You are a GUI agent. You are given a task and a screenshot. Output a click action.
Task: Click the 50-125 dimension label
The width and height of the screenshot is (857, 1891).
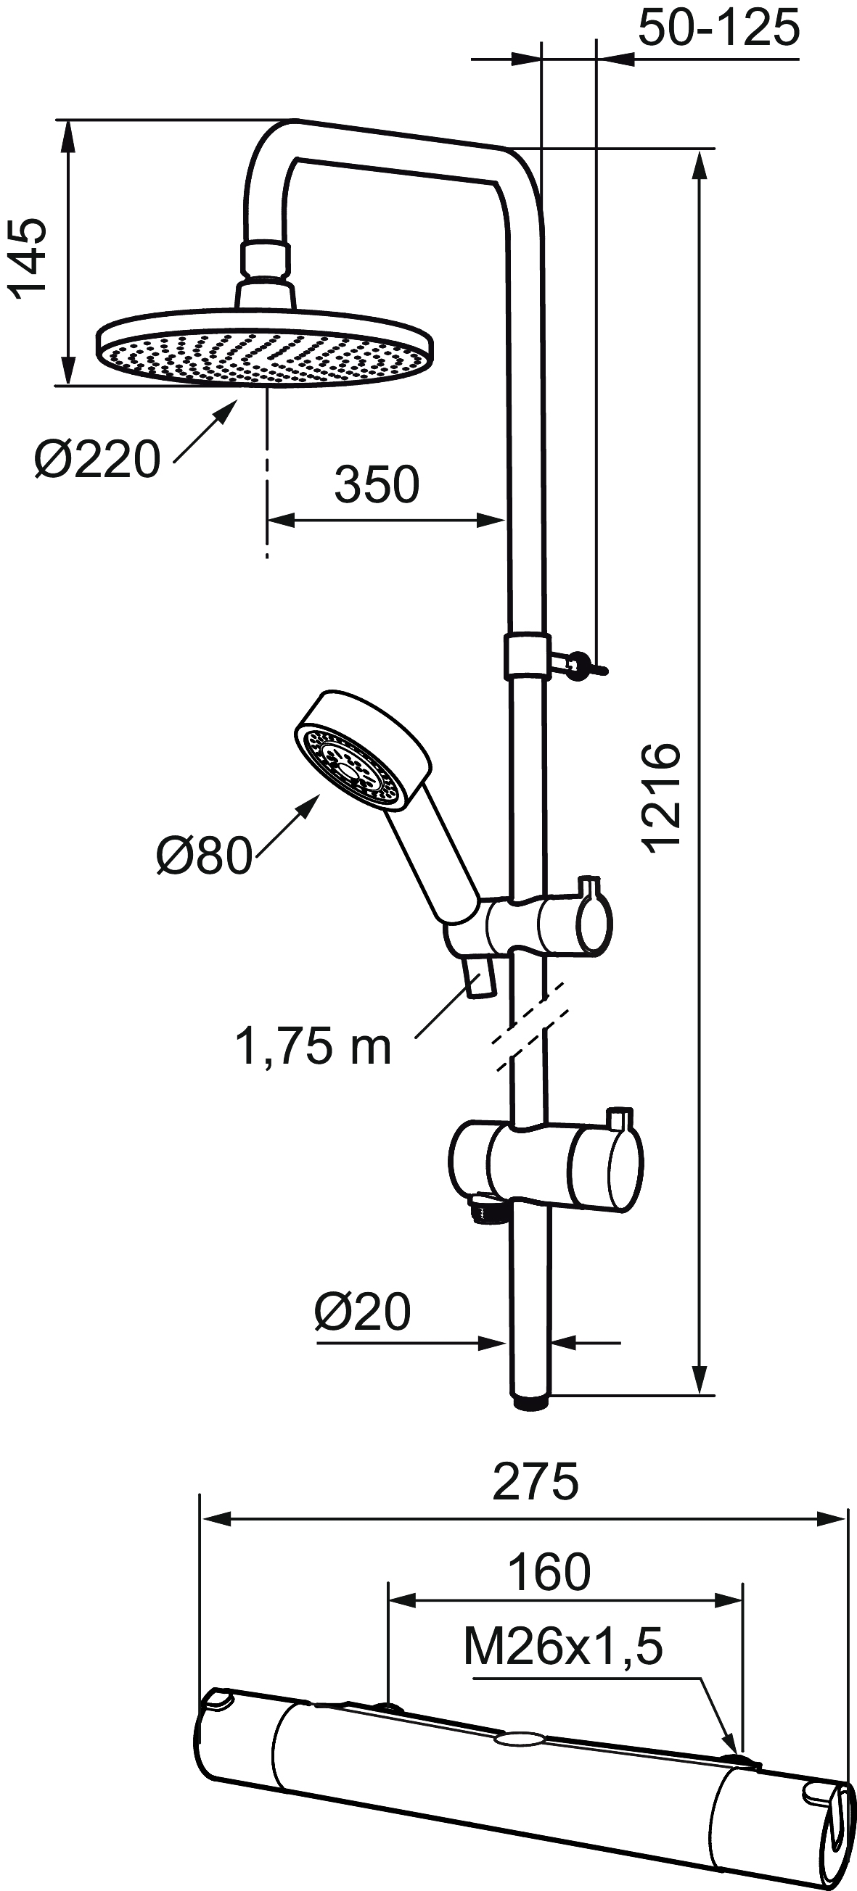pos(718,28)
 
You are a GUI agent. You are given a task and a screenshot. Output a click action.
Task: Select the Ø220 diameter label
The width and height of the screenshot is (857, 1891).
pos(97,460)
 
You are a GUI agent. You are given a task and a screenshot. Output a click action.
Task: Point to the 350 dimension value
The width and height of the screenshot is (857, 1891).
pos(377,484)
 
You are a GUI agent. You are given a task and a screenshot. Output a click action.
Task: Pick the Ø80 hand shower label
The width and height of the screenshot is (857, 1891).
pos(204,855)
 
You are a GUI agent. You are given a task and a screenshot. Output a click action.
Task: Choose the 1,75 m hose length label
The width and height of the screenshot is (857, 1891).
pos(313,1046)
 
